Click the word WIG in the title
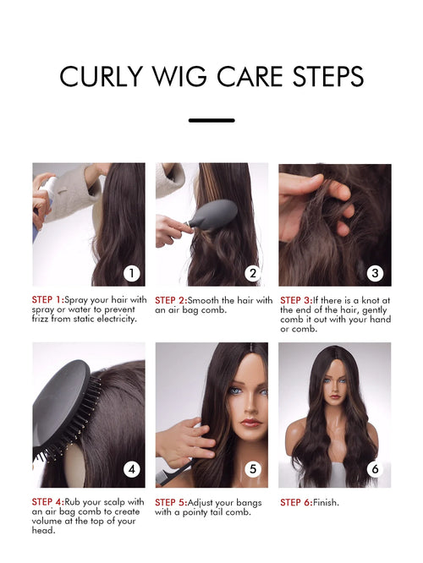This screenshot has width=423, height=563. tap(179, 76)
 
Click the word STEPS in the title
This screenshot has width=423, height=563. tap(328, 76)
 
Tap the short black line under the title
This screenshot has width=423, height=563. tap(211, 121)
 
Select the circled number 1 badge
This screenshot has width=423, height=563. tap(131, 274)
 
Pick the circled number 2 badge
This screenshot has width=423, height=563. tap(253, 274)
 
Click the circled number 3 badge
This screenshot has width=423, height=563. tap(375, 274)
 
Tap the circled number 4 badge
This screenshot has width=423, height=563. tap(131, 469)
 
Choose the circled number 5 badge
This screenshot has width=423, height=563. tap(253, 469)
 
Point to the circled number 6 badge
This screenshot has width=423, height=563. tap(375, 469)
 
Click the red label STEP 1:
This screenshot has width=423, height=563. tap(47, 300)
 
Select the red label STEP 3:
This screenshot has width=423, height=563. tap(296, 300)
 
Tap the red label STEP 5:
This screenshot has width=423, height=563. tap(171, 502)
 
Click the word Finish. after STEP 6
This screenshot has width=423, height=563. tap(326, 502)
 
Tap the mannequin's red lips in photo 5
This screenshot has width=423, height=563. tap(251, 423)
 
